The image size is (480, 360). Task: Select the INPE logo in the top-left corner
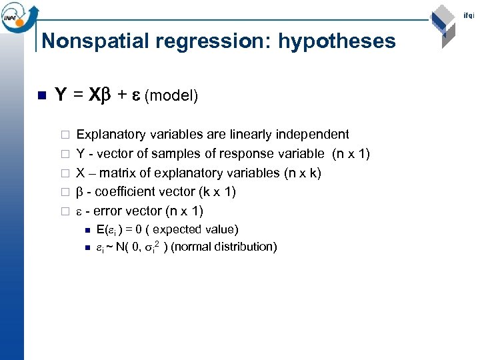[x=20, y=15]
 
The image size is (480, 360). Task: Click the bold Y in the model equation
[x=59, y=95]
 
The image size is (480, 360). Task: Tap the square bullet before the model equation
[x=41, y=95]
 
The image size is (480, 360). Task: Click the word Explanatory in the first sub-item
[x=107, y=135]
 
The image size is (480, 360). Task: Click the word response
[x=227, y=154]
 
